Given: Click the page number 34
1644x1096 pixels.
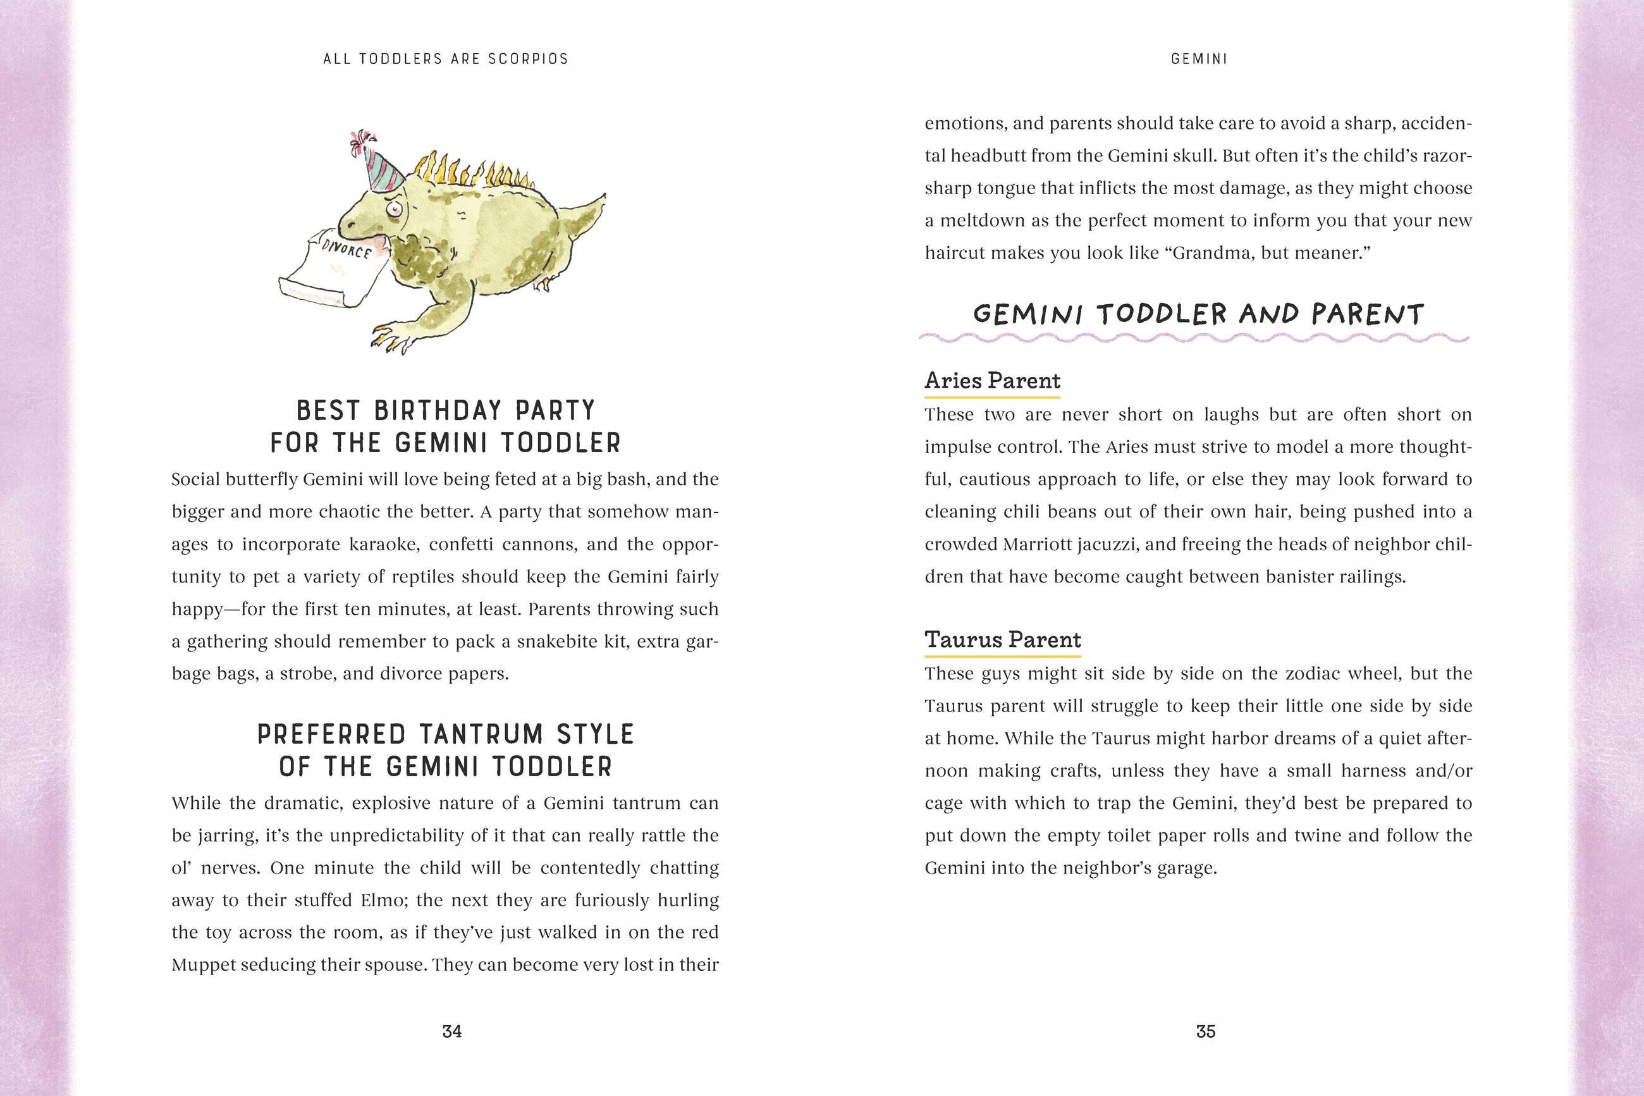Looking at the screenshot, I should click(x=452, y=1031).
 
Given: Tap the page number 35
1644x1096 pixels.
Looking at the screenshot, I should click(x=1205, y=1031).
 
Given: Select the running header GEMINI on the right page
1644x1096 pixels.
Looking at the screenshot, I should click(x=1199, y=59).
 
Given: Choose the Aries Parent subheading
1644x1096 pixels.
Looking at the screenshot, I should click(x=992, y=381).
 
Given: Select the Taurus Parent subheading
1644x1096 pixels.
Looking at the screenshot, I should click(x=1003, y=640).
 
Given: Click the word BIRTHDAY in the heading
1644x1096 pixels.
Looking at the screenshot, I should click(x=445, y=410).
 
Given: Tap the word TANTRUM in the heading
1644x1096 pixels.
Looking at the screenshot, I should click(x=481, y=735).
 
